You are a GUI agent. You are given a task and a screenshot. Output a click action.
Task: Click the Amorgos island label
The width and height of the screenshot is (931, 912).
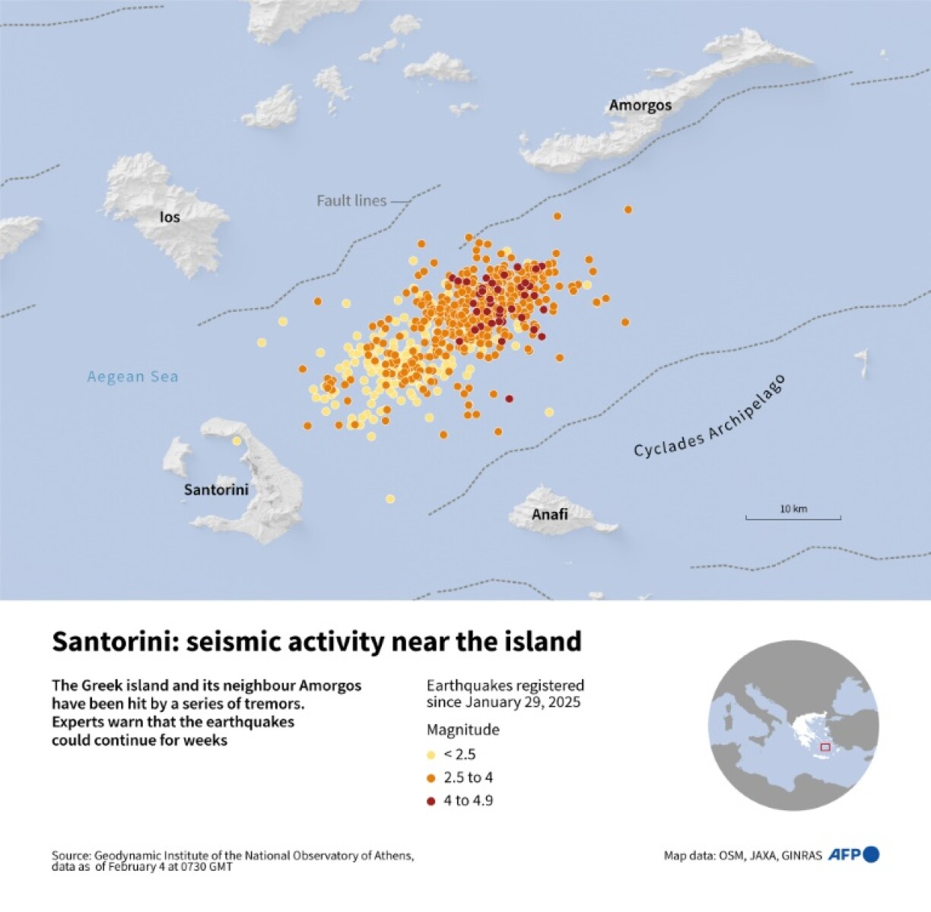click(640, 105)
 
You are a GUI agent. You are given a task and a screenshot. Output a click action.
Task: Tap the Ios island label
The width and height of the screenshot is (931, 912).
click(170, 217)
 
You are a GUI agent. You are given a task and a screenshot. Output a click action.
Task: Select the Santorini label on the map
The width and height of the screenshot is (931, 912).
click(216, 489)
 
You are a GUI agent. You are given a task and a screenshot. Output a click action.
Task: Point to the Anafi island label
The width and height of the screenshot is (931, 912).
click(549, 514)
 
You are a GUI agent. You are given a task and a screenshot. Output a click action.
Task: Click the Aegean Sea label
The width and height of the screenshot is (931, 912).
click(132, 377)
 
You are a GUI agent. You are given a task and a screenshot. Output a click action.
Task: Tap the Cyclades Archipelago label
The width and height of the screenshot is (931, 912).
click(709, 416)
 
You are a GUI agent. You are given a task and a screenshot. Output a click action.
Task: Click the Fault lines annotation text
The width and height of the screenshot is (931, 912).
click(351, 201)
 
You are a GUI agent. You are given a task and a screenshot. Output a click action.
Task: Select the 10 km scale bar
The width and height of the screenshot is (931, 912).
click(793, 517)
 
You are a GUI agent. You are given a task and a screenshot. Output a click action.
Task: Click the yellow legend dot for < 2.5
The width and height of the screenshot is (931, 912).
click(431, 755)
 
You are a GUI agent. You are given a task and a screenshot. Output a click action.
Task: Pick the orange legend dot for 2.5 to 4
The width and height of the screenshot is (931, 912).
click(431, 778)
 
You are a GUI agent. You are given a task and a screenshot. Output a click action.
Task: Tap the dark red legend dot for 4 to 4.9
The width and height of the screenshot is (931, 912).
click(431, 801)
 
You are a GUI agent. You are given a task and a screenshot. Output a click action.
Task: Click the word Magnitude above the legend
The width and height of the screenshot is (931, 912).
click(462, 729)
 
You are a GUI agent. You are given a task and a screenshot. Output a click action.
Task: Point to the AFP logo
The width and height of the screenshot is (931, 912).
click(853, 854)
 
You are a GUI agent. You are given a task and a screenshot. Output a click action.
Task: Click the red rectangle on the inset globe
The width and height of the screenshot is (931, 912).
click(825, 747)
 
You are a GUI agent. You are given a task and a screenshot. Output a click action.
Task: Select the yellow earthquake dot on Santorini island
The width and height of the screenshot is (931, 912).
click(237, 440)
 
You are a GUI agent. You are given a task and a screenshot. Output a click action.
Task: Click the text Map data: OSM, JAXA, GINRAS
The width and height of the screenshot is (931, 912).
click(742, 856)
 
